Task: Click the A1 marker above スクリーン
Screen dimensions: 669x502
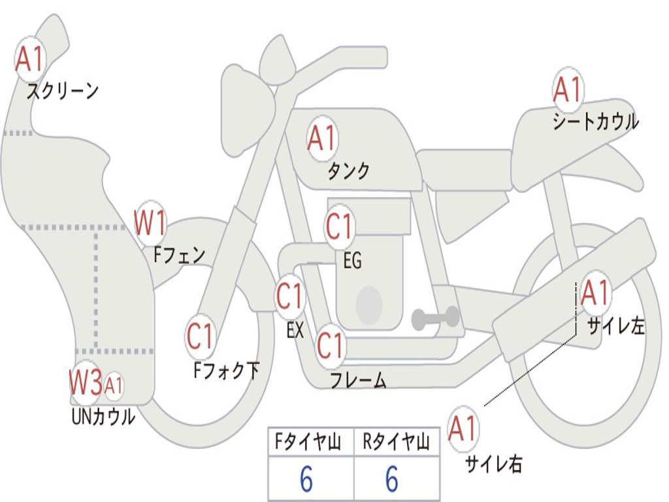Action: [x=30, y=59]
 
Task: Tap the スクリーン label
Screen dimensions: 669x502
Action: [x=63, y=91]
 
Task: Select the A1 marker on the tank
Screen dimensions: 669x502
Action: [x=323, y=139]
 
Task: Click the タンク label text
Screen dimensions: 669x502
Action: [x=348, y=171]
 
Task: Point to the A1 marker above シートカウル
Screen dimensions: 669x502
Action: [x=568, y=90]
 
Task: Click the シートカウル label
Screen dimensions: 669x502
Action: [x=596, y=122]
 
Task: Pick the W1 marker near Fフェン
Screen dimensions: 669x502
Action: [x=150, y=223]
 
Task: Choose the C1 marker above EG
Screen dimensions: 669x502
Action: [x=339, y=226]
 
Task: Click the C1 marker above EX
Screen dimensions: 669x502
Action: [x=289, y=296]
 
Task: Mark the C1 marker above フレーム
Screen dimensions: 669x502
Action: [x=331, y=345]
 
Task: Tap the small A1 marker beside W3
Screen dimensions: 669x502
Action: [x=114, y=386]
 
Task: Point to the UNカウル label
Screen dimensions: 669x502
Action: [x=103, y=417]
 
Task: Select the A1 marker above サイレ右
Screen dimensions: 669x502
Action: [x=463, y=429]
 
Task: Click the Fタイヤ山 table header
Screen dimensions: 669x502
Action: [x=308, y=442]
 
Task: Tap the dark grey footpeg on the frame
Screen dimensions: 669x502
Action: [x=435, y=318]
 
